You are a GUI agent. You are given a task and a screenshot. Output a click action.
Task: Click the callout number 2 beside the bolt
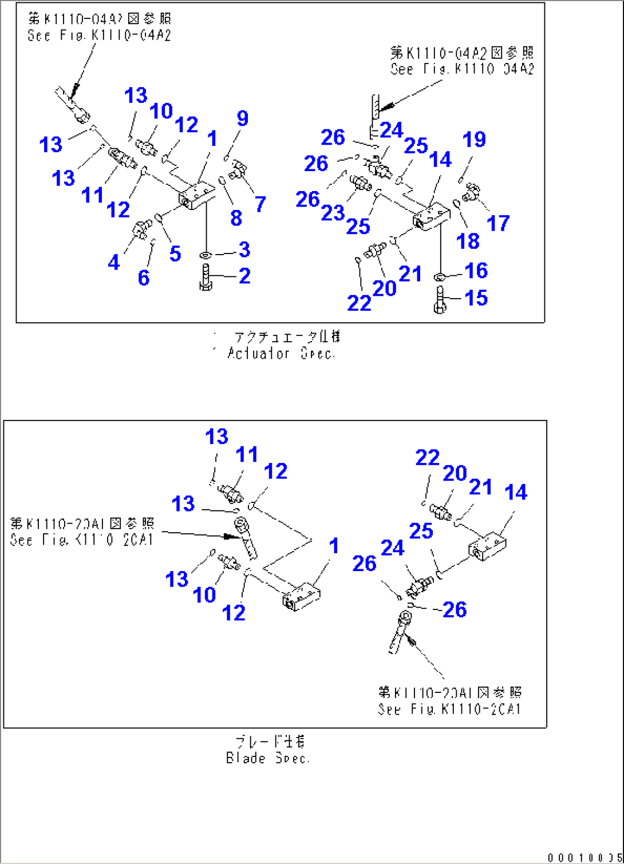(244, 276)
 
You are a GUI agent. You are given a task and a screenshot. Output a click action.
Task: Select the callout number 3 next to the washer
(244, 249)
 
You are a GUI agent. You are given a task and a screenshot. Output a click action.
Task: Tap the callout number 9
(243, 118)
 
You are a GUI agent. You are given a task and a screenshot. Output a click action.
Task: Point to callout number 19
(474, 139)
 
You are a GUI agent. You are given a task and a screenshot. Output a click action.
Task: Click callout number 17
(497, 223)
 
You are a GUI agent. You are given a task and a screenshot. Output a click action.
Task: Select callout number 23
(333, 213)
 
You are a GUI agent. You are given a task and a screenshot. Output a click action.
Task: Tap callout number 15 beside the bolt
(476, 298)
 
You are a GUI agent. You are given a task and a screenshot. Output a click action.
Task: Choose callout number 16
(476, 271)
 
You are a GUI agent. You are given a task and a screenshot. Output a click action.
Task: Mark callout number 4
(114, 262)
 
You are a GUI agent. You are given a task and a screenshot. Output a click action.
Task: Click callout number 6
(144, 278)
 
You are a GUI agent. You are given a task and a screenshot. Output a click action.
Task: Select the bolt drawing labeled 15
(440, 300)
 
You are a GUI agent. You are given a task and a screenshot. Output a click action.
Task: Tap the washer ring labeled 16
(440, 277)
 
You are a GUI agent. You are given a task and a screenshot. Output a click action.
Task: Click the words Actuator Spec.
(281, 354)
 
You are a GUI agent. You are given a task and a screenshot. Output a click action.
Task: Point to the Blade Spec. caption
(268, 758)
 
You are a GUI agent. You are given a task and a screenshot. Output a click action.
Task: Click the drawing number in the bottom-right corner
(584, 857)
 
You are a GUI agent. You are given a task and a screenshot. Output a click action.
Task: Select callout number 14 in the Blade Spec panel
(515, 492)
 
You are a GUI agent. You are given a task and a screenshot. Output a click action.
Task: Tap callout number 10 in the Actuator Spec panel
(161, 111)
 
